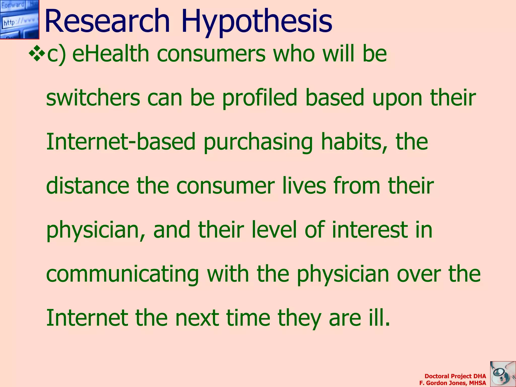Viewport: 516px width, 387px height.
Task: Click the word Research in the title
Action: click(x=107, y=21)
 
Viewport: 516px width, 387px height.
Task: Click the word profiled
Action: click(x=260, y=98)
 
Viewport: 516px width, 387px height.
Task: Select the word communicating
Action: click(x=122, y=275)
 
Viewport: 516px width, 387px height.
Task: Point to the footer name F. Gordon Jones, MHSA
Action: click(x=453, y=383)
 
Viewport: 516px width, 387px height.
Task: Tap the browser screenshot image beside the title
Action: click(x=19, y=19)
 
